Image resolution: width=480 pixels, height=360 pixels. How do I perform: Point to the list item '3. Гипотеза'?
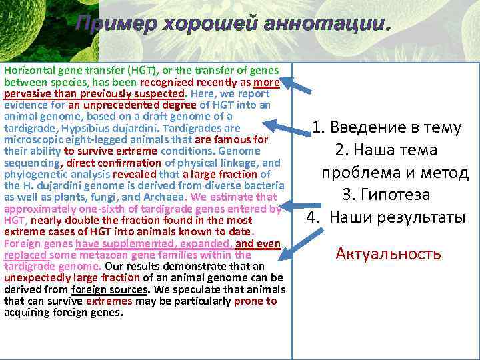[385, 195]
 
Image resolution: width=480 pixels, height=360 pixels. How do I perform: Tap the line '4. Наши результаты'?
[385, 217]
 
